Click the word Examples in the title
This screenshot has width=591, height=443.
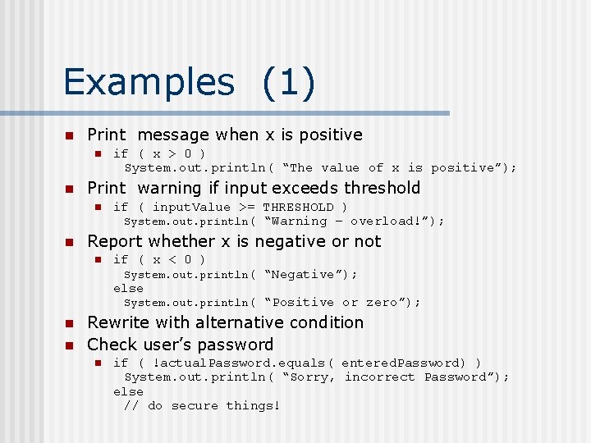149,82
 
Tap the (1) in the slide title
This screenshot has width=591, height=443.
289,82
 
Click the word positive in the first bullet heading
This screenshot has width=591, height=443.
324,135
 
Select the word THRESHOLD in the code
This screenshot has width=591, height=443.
298,207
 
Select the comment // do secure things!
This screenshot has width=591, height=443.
202,405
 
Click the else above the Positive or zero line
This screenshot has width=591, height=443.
128,288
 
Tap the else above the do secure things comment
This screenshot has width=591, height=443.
128,391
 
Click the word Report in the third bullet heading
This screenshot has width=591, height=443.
115,241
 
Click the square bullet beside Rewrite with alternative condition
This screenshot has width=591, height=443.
70,323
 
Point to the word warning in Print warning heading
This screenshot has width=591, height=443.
172,188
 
